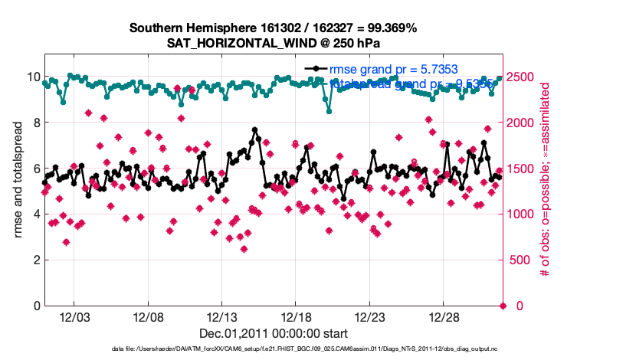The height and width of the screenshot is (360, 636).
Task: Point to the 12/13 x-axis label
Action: [221, 317]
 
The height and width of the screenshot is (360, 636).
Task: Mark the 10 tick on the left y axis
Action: [33, 77]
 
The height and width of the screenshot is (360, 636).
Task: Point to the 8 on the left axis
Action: [36, 123]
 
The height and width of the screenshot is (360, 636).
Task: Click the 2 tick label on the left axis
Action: [36, 260]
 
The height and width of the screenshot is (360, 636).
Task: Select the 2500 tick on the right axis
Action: [521, 77]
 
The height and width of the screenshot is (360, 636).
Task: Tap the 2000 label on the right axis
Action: [521, 123]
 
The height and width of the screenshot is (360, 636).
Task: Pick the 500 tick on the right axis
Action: [519, 260]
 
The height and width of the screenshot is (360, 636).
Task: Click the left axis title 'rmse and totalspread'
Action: [18, 180]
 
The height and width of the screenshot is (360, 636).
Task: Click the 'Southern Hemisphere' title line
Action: [274, 28]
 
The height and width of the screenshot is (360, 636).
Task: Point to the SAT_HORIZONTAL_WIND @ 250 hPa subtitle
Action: [274, 43]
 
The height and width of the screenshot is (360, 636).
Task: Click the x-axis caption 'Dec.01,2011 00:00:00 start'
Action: [274, 333]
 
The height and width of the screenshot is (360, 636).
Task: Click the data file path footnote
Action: [274, 349]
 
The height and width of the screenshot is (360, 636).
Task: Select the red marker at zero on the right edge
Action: [503, 306]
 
